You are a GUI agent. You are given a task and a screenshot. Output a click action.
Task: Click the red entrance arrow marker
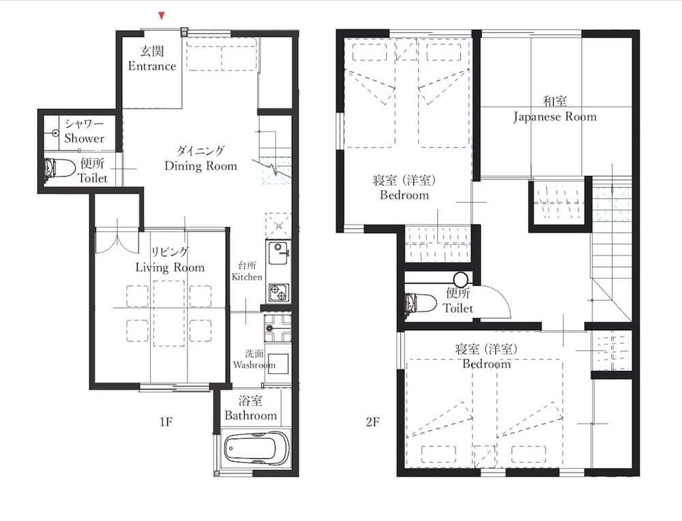[x=162, y=16]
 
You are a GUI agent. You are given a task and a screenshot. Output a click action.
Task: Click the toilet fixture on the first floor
[x=59, y=168]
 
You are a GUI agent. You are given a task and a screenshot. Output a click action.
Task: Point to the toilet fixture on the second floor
[x=420, y=303]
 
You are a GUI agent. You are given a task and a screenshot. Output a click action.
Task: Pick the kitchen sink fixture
[x=278, y=253]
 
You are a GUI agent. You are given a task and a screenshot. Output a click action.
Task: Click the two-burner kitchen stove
[x=278, y=293]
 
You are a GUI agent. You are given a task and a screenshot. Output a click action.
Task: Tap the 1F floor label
[x=166, y=421]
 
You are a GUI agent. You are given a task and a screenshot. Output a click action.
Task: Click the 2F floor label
[x=373, y=421]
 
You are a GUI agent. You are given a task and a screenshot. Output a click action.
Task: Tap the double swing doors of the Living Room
[x=117, y=241]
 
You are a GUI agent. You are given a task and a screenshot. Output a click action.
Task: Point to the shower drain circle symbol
[x=55, y=133]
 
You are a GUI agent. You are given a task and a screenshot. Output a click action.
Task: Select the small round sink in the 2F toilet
[x=460, y=279]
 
